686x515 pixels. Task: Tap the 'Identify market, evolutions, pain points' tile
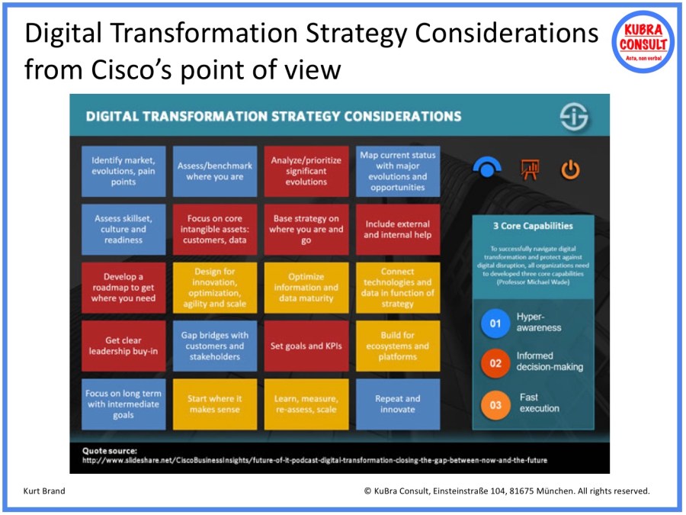(x=123, y=171)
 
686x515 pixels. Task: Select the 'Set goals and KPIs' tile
(x=306, y=346)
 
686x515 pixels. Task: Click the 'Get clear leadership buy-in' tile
(x=123, y=346)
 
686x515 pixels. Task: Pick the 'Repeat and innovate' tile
(x=397, y=404)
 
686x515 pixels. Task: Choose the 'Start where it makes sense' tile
(x=214, y=404)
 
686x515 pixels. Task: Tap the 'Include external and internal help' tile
(x=397, y=229)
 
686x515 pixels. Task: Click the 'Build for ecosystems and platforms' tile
(x=397, y=346)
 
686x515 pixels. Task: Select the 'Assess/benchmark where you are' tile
(x=214, y=171)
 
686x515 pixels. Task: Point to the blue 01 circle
(x=495, y=323)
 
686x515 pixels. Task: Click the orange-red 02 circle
(x=495, y=363)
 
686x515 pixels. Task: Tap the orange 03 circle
(x=495, y=404)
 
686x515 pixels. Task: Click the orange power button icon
(x=570, y=169)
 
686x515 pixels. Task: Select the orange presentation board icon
(x=530, y=169)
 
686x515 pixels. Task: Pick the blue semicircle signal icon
(x=487, y=167)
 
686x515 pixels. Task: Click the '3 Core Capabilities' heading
(x=533, y=226)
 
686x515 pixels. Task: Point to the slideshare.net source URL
(x=314, y=460)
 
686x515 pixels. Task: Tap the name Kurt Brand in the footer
(x=45, y=491)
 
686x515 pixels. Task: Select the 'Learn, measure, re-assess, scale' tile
(x=306, y=404)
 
